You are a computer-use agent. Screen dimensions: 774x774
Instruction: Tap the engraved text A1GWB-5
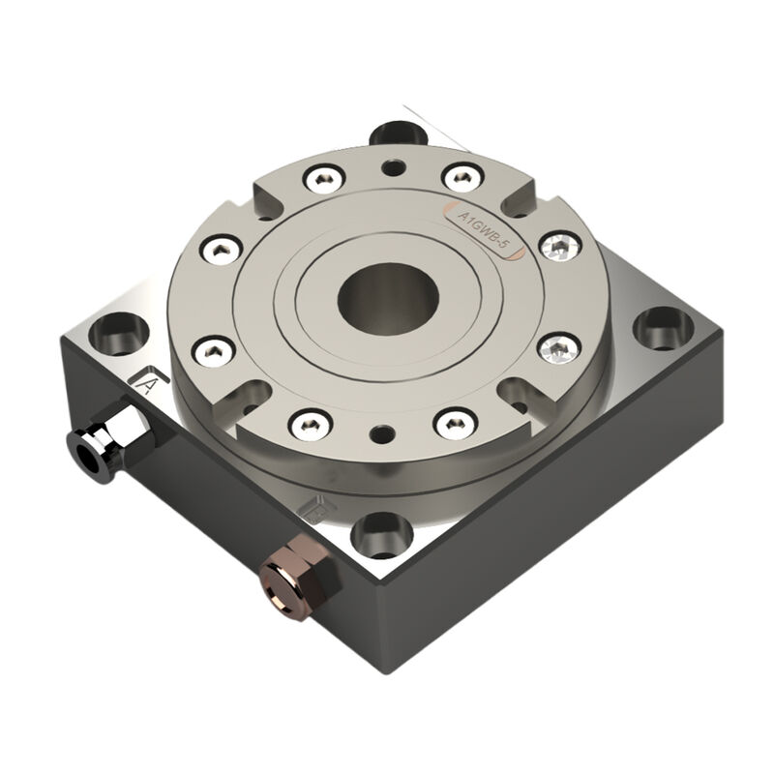coord(483,231)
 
